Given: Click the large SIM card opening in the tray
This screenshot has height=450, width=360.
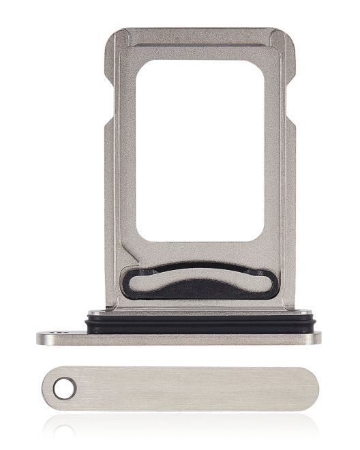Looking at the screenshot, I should point(199,150).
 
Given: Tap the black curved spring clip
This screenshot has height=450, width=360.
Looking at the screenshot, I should point(199,281).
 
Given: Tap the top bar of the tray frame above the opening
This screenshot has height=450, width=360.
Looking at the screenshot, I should point(199,45).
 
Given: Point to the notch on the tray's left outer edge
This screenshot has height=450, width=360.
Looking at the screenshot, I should point(108,123).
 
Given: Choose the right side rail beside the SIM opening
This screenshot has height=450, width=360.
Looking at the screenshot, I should point(277,157).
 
